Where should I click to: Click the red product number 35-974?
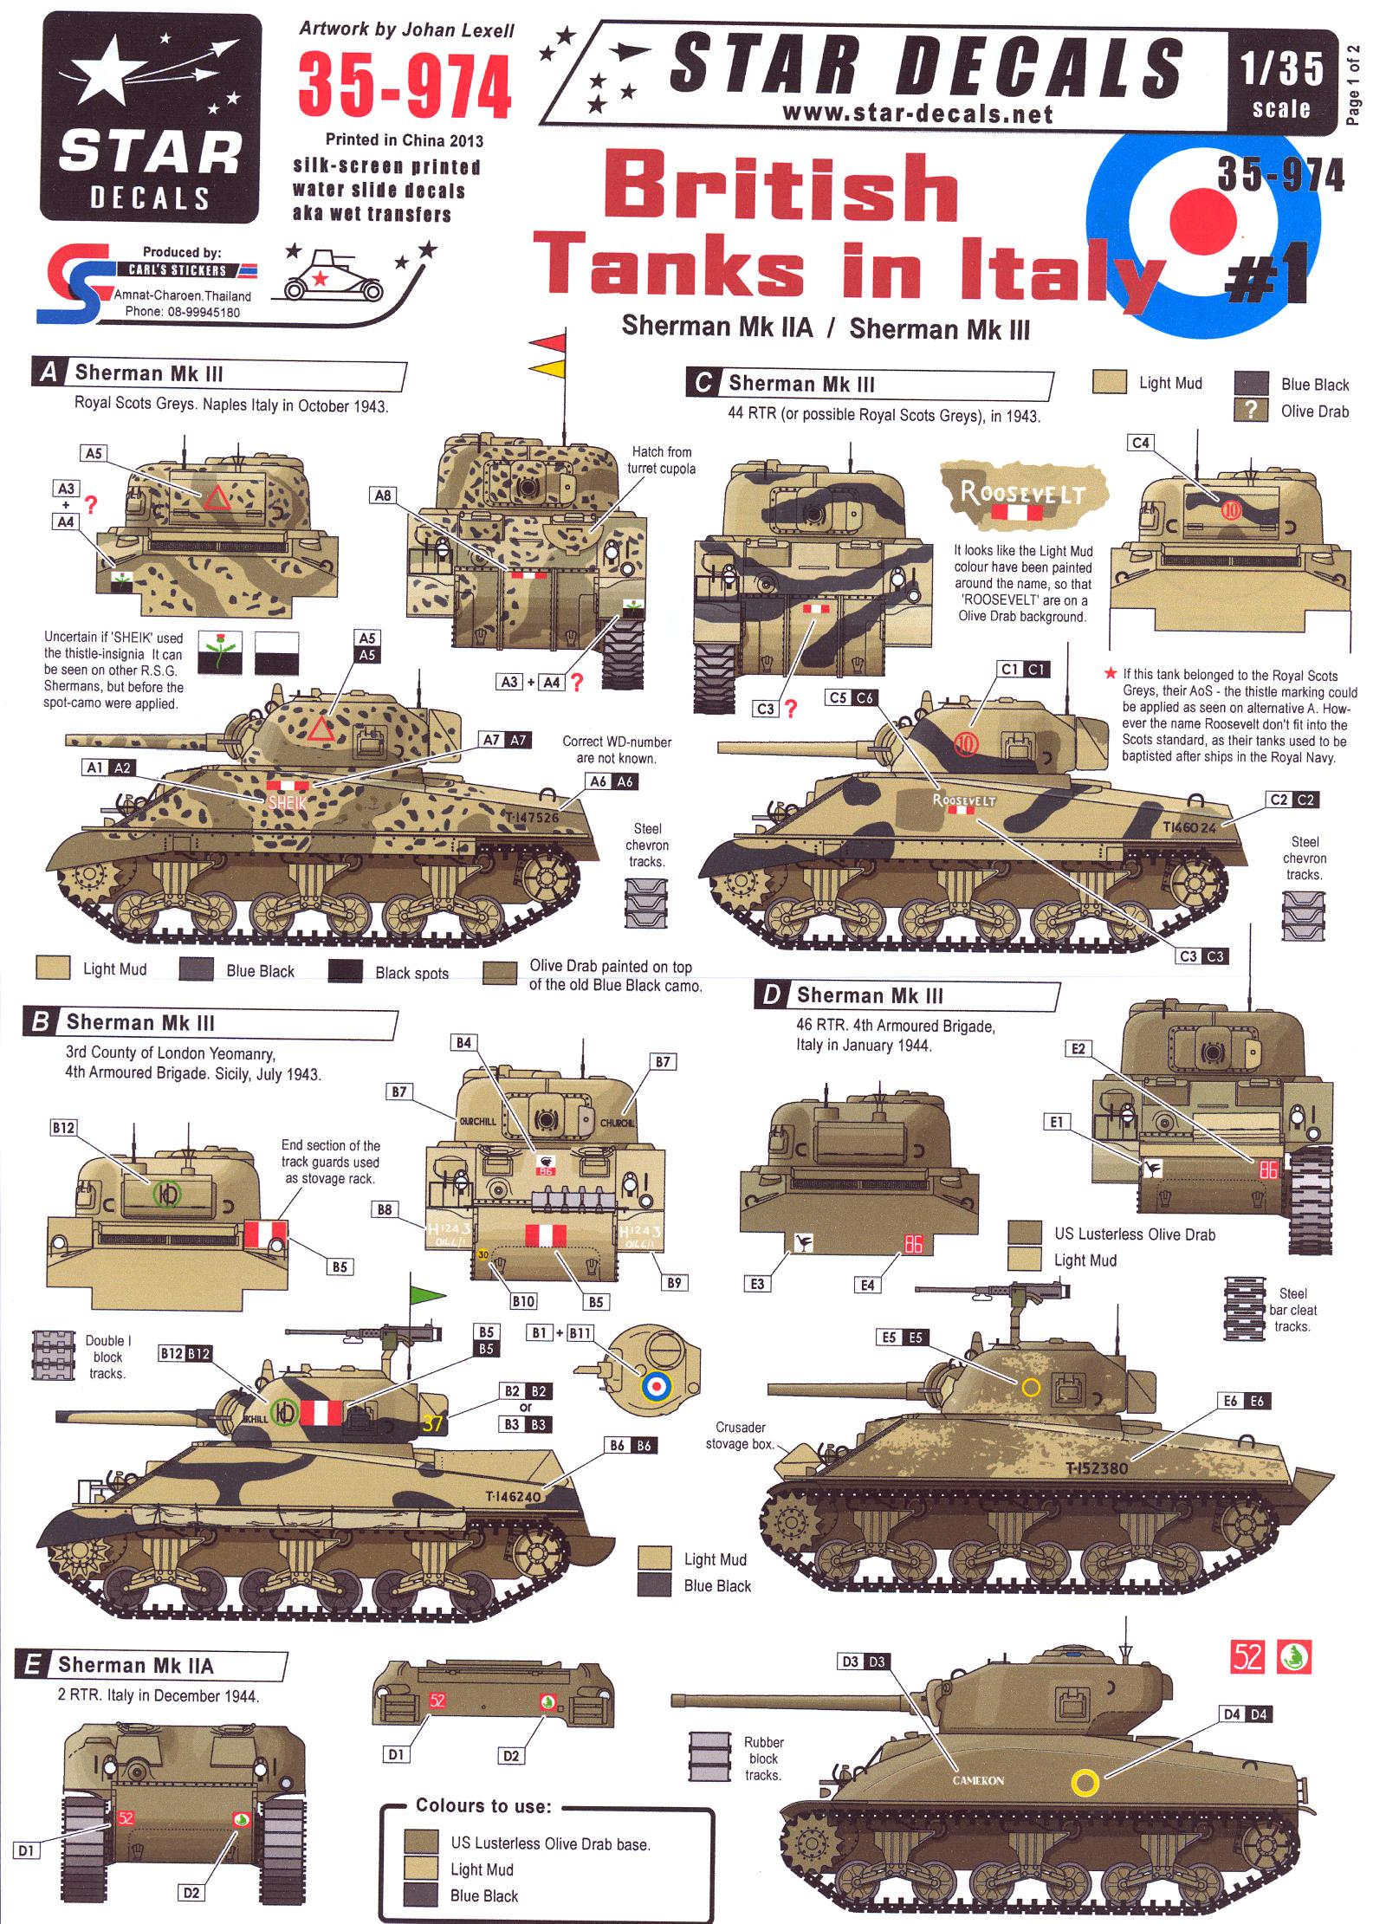point(405,87)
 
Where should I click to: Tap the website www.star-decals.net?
point(916,113)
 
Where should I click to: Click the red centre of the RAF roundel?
point(1203,217)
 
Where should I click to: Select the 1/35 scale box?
point(1281,83)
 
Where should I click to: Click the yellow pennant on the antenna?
point(547,368)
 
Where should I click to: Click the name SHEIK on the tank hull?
point(287,801)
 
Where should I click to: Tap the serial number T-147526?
point(532,817)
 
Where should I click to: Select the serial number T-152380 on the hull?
point(1097,1467)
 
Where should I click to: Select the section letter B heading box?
point(40,1022)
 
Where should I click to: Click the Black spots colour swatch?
point(345,971)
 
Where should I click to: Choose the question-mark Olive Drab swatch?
point(1251,411)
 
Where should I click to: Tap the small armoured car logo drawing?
point(321,276)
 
